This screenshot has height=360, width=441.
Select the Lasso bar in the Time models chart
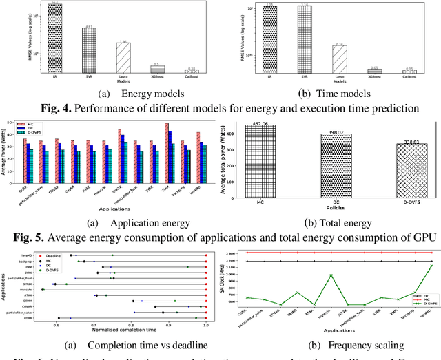pos(338,59)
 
